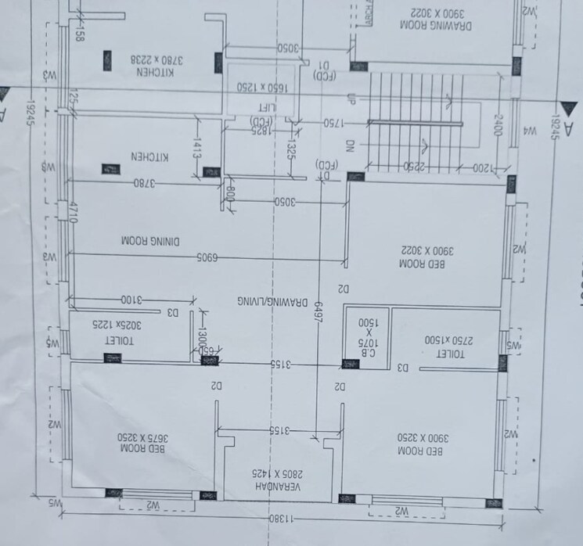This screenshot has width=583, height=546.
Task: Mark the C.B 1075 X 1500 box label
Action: pyautogui.click(x=367, y=332)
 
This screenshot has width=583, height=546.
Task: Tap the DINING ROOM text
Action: pyautogui.click(x=152, y=238)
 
